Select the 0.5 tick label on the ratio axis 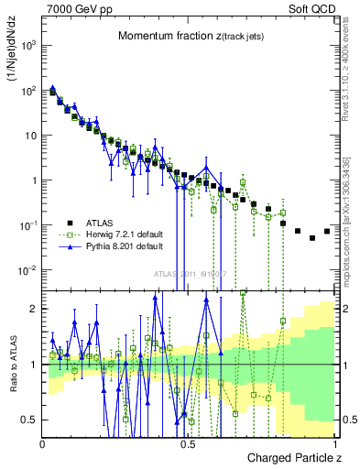coord(29,420)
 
